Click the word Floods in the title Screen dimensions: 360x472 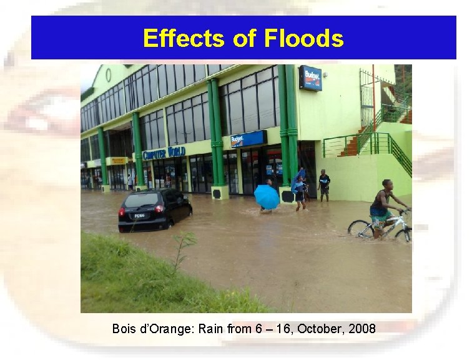(x=303, y=38)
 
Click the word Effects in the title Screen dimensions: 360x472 (x=184, y=38)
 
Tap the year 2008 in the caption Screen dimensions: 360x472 (x=362, y=328)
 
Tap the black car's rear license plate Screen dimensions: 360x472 (x=139, y=216)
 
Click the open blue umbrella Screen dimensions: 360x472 (x=267, y=196)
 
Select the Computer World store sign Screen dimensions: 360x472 (x=164, y=152)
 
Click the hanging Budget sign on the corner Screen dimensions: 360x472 (x=310, y=78)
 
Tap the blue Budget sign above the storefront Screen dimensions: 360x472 (x=248, y=139)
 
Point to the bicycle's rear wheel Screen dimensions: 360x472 (x=360, y=229)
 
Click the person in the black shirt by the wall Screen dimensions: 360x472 (x=324, y=185)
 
